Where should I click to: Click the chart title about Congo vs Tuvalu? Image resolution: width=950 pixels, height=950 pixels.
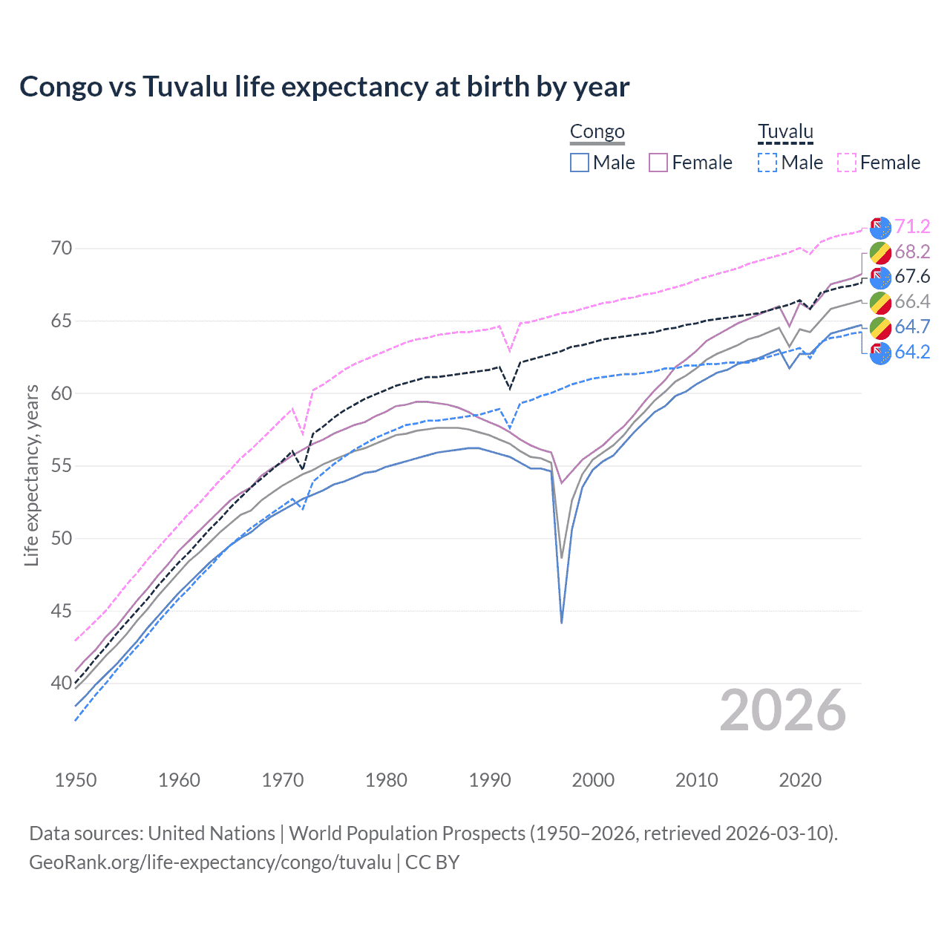coord(324,87)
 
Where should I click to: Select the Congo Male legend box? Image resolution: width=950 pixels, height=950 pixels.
coord(580,163)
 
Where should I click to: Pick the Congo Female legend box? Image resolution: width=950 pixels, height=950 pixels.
coord(658,163)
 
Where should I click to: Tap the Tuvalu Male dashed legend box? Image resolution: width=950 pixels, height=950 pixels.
coord(767,163)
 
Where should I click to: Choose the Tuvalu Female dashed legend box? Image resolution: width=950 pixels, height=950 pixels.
coord(847,163)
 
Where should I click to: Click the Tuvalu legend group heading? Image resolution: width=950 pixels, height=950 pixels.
coord(785,132)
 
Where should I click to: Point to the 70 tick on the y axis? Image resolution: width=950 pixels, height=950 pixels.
coord(62,249)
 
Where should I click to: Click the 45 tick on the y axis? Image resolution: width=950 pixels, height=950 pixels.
coord(62,611)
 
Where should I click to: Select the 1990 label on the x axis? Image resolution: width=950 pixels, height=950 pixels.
coord(490,780)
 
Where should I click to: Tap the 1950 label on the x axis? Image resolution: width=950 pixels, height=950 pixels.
coord(76,780)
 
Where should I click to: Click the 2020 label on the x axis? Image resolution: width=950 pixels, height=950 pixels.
coord(800,780)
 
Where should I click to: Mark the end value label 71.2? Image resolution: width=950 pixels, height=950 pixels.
coord(912,226)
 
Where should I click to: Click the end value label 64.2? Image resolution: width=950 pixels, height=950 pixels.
coord(912,352)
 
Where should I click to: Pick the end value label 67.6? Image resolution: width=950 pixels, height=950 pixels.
coord(912,277)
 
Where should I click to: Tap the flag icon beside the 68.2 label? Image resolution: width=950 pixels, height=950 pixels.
coord(880,252)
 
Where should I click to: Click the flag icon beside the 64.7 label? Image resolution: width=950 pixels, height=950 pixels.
coord(880,327)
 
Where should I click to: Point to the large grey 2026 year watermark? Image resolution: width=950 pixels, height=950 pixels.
coord(783,710)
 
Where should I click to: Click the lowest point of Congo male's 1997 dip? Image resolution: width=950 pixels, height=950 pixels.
coord(562,622)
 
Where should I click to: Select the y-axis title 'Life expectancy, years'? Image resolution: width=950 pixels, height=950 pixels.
coord(32,475)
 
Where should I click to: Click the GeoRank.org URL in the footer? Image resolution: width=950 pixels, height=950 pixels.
coord(210,862)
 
